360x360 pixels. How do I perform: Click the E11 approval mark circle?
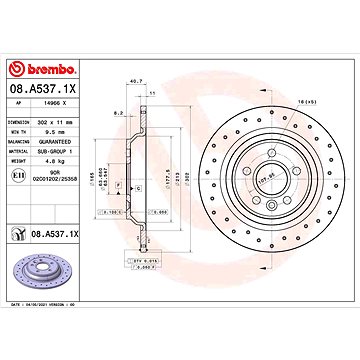(20, 173)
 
